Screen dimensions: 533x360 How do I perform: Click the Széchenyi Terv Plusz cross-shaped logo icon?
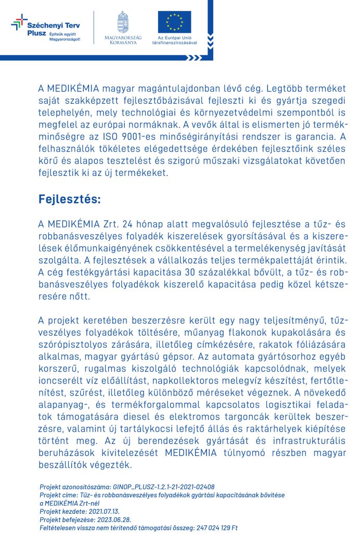tap(19, 22)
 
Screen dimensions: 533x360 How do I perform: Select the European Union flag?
tap(174, 22)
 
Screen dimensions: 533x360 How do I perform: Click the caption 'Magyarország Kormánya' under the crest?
tap(123, 40)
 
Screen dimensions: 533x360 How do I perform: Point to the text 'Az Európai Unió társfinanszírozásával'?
tap(174, 40)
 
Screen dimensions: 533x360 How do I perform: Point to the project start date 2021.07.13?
tap(100, 511)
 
